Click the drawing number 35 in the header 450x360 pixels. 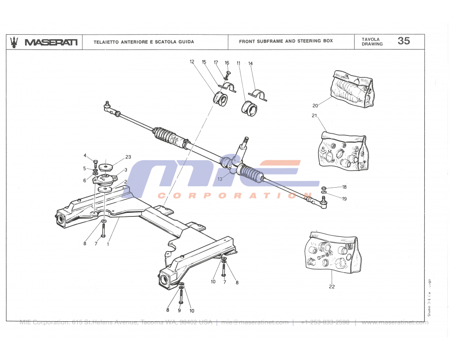(404, 41)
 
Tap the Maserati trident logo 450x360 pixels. (15, 41)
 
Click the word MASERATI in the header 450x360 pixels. (51, 42)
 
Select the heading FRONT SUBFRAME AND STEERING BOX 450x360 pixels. (286, 41)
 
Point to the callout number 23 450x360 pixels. (128, 157)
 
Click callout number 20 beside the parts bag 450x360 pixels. (315, 106)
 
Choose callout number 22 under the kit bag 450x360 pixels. (332, 287)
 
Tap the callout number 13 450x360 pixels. (220, 179)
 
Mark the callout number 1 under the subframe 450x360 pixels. (108, 244)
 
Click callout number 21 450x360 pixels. (314, 116)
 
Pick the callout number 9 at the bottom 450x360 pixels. (179, 310)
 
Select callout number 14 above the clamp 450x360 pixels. (251, 63)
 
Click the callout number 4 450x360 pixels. (85, 156)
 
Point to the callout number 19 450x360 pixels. (344, 198)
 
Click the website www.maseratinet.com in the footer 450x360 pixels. (395, 322)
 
